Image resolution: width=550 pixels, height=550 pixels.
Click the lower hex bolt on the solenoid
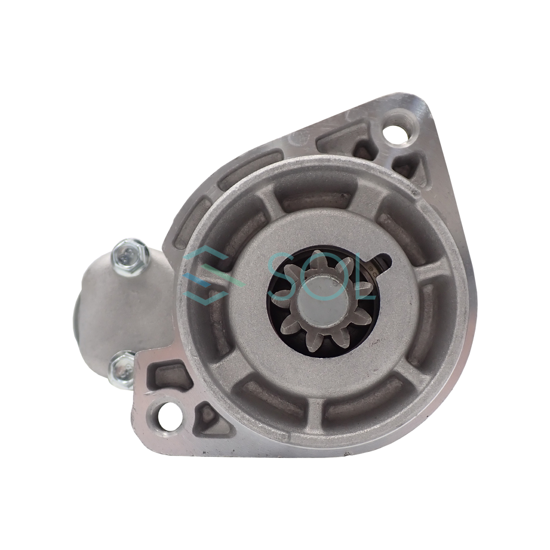pos(121,371)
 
